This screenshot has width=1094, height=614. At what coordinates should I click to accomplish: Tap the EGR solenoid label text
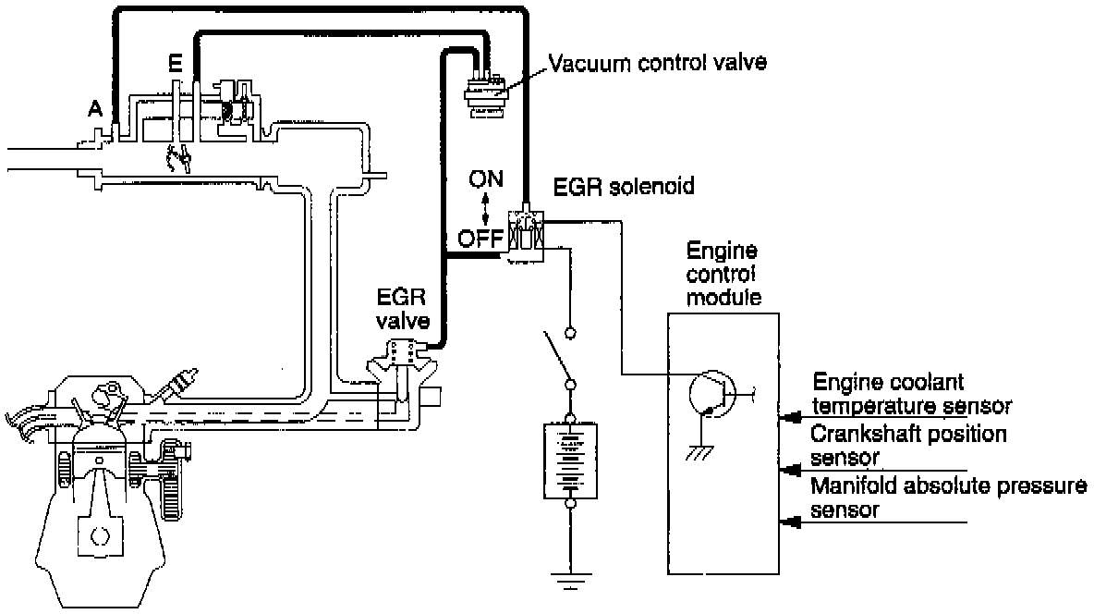click(624, 188)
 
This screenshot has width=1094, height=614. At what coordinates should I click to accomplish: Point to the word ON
click(485, 178)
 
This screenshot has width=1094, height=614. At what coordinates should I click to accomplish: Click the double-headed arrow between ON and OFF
click(486, 208)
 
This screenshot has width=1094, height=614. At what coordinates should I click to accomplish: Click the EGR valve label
click(400, 310)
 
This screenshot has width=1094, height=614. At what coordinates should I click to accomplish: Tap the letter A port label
click(94, 108)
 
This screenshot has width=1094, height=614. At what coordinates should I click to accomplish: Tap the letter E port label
click(175, 66)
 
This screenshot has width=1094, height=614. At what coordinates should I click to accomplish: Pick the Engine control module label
click(723, 274)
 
